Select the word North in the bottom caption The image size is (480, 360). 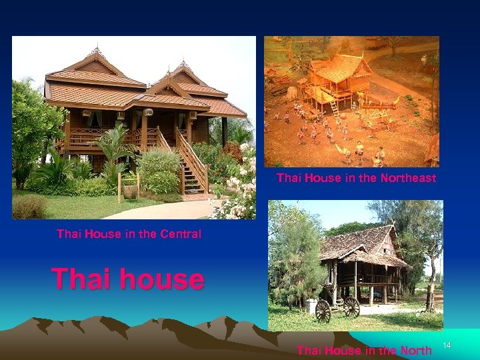tap(414, 351)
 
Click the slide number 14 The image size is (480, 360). tap(447, 345)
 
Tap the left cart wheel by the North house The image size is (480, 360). tap(323, 311)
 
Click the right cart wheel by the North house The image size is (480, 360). tap(351, 307)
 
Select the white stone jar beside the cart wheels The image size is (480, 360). tap(311, 306)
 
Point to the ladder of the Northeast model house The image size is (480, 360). tap(335, 106)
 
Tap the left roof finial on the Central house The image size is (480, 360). tap(98, 50)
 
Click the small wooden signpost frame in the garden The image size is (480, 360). tap(128, 183)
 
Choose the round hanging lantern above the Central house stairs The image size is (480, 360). tap(148, 112)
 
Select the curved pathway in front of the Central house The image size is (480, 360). tap(160, 211)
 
